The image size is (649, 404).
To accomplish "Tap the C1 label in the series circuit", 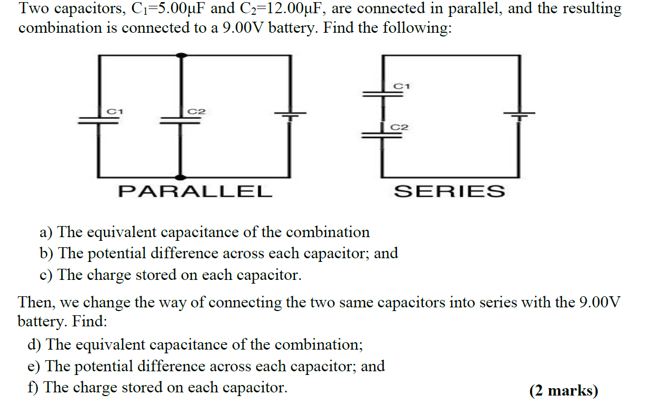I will [402, 86].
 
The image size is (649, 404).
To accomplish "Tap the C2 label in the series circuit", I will [400, 127].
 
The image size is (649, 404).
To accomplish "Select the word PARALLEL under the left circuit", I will [195, 191].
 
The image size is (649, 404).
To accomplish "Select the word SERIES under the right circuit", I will [449, 191].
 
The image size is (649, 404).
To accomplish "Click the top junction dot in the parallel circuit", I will [181, 55].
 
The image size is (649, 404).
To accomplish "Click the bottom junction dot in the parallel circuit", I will [181, 177].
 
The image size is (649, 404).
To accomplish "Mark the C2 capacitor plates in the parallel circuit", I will [181, 120].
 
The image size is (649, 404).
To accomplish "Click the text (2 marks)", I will [563, 391].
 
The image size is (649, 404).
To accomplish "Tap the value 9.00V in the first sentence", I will [244, 27].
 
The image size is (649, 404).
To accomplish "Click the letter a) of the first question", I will [47, 232].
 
